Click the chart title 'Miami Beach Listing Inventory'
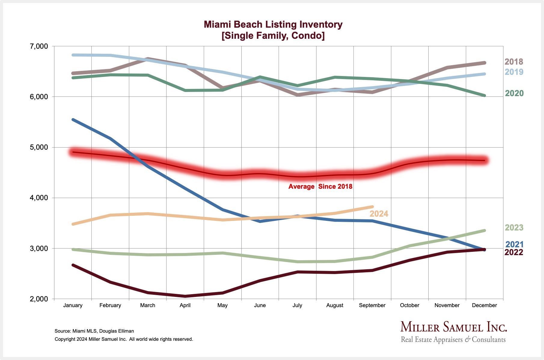pos(273,24)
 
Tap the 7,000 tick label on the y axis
pos(39,46)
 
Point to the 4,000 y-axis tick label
pos(39,198)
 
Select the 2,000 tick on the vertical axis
pos(39,299)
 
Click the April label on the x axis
pos(185,305)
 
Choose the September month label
pos(372,305)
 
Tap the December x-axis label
pos(484,305)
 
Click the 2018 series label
pos(514,62)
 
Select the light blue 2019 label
pos(514,72)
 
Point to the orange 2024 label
pos(379,214)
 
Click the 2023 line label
pos(514,227)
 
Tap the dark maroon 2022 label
pos(514,252)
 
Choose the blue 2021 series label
pos(514,244)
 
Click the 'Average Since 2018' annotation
pos(320,187)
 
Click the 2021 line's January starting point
pos(73,120)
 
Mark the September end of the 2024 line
pos(372,207)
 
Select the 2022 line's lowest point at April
pos(185,296)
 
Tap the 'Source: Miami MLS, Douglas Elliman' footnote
pos(94,331)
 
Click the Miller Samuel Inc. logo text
pos(454,327)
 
